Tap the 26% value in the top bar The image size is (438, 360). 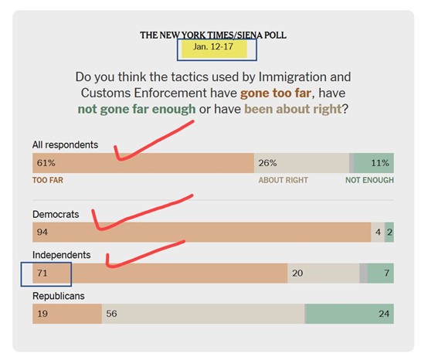(x=267, y=164)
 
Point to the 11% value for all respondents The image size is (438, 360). (x=379, y=164)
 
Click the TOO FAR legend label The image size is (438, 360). (x=48, y=180)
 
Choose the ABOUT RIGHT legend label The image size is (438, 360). (x=283, y=180)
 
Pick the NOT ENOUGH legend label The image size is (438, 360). (x=369, y=180)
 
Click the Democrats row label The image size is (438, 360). (x=56, y=214)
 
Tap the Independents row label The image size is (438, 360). (x=61, y=255)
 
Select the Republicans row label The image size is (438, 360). (x=58, y=296)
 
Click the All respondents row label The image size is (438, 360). (x=65, y=144)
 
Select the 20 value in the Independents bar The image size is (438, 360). (x=297, y=273)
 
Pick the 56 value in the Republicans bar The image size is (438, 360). (x=111, y=314)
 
